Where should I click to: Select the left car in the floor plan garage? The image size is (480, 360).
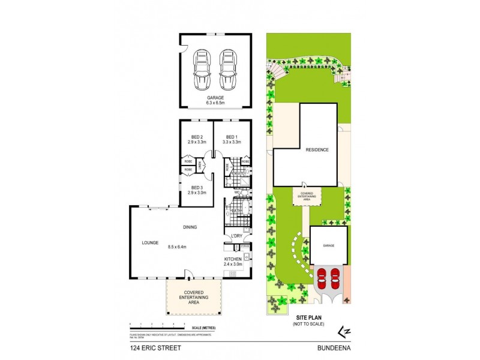(x=202, y=69)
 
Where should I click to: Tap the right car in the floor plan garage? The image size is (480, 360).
(x=227, y=69)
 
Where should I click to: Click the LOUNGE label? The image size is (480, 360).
(x=150, y=243)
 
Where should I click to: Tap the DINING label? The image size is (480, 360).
(x=191, y=227)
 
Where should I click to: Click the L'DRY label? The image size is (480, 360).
(x=237, y=236)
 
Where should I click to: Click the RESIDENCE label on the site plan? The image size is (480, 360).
(x=317, y=149)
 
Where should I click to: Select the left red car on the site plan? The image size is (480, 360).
(x=322, y=277)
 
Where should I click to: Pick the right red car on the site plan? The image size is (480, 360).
(x=335, y=277)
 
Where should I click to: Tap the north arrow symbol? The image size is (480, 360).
(x=344, y=331)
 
